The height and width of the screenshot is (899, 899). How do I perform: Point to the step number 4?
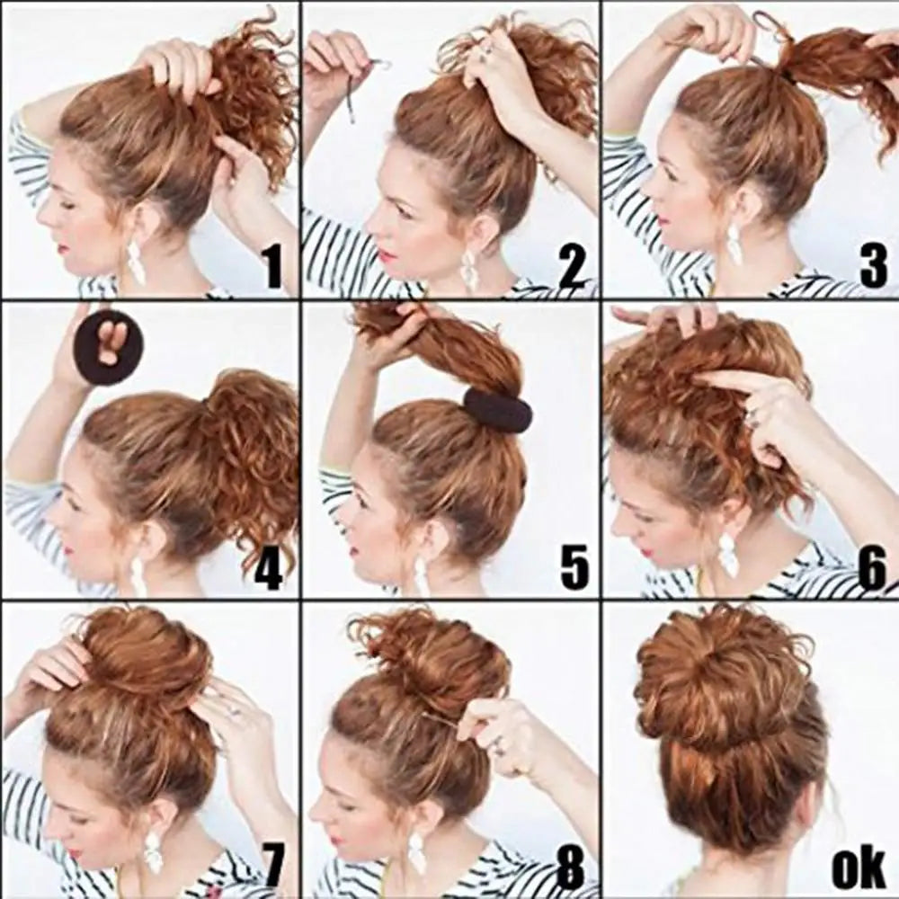point(268,569)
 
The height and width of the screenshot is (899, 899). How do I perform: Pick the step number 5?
point(574,569)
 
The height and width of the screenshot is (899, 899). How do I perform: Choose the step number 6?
point(872,569)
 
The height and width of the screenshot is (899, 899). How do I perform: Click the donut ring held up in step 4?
point(107,347)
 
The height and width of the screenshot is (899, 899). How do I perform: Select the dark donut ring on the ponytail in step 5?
point(497,410)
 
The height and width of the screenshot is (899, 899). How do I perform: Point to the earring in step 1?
point(136,260)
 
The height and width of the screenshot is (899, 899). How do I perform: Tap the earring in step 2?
point(469,270)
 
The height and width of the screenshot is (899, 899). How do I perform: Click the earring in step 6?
point(727,556)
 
